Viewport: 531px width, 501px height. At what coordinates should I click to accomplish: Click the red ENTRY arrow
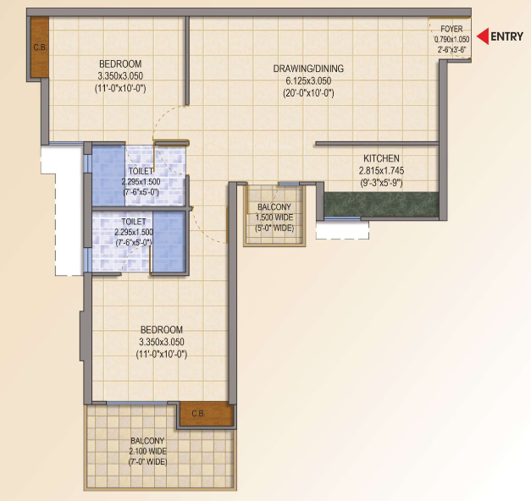tap(483, 36)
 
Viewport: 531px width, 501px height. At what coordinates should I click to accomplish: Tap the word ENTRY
tap(507, 36)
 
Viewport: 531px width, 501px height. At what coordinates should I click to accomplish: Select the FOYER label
tap(451, 29)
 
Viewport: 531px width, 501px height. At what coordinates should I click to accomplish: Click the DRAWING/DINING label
tap(308, 69)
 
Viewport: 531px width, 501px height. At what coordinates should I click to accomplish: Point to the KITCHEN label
tap(381, 158)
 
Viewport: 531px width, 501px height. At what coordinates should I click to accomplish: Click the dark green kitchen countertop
tap(381, 205)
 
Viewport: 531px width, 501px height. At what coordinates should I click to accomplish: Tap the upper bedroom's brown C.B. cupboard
tap(40, 47)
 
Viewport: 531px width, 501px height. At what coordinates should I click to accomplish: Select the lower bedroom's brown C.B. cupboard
tap(207, 414)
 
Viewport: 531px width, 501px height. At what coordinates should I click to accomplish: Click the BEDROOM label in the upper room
tap(120, 64)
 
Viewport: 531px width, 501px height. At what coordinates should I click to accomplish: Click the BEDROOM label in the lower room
tap(162, 330)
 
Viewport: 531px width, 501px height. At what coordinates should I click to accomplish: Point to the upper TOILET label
tap(141, 171)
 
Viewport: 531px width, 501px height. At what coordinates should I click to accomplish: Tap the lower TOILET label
tap(134, 222)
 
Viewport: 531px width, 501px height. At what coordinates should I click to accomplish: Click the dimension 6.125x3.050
tap(308, 81)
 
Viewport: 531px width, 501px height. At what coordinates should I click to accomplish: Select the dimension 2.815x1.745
tap(381, 171)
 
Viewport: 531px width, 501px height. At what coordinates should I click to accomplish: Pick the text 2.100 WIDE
tap(147, 451)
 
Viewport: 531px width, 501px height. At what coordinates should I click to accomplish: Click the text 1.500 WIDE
tap(274, 217)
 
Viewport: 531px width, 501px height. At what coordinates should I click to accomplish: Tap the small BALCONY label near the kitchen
tap(274, 206)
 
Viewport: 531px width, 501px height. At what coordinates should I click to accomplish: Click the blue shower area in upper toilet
tap(108, 175)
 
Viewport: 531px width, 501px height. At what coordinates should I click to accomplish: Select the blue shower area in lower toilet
tap(169, 241)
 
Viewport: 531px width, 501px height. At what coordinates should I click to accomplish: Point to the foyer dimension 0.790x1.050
tap(451, 40)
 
